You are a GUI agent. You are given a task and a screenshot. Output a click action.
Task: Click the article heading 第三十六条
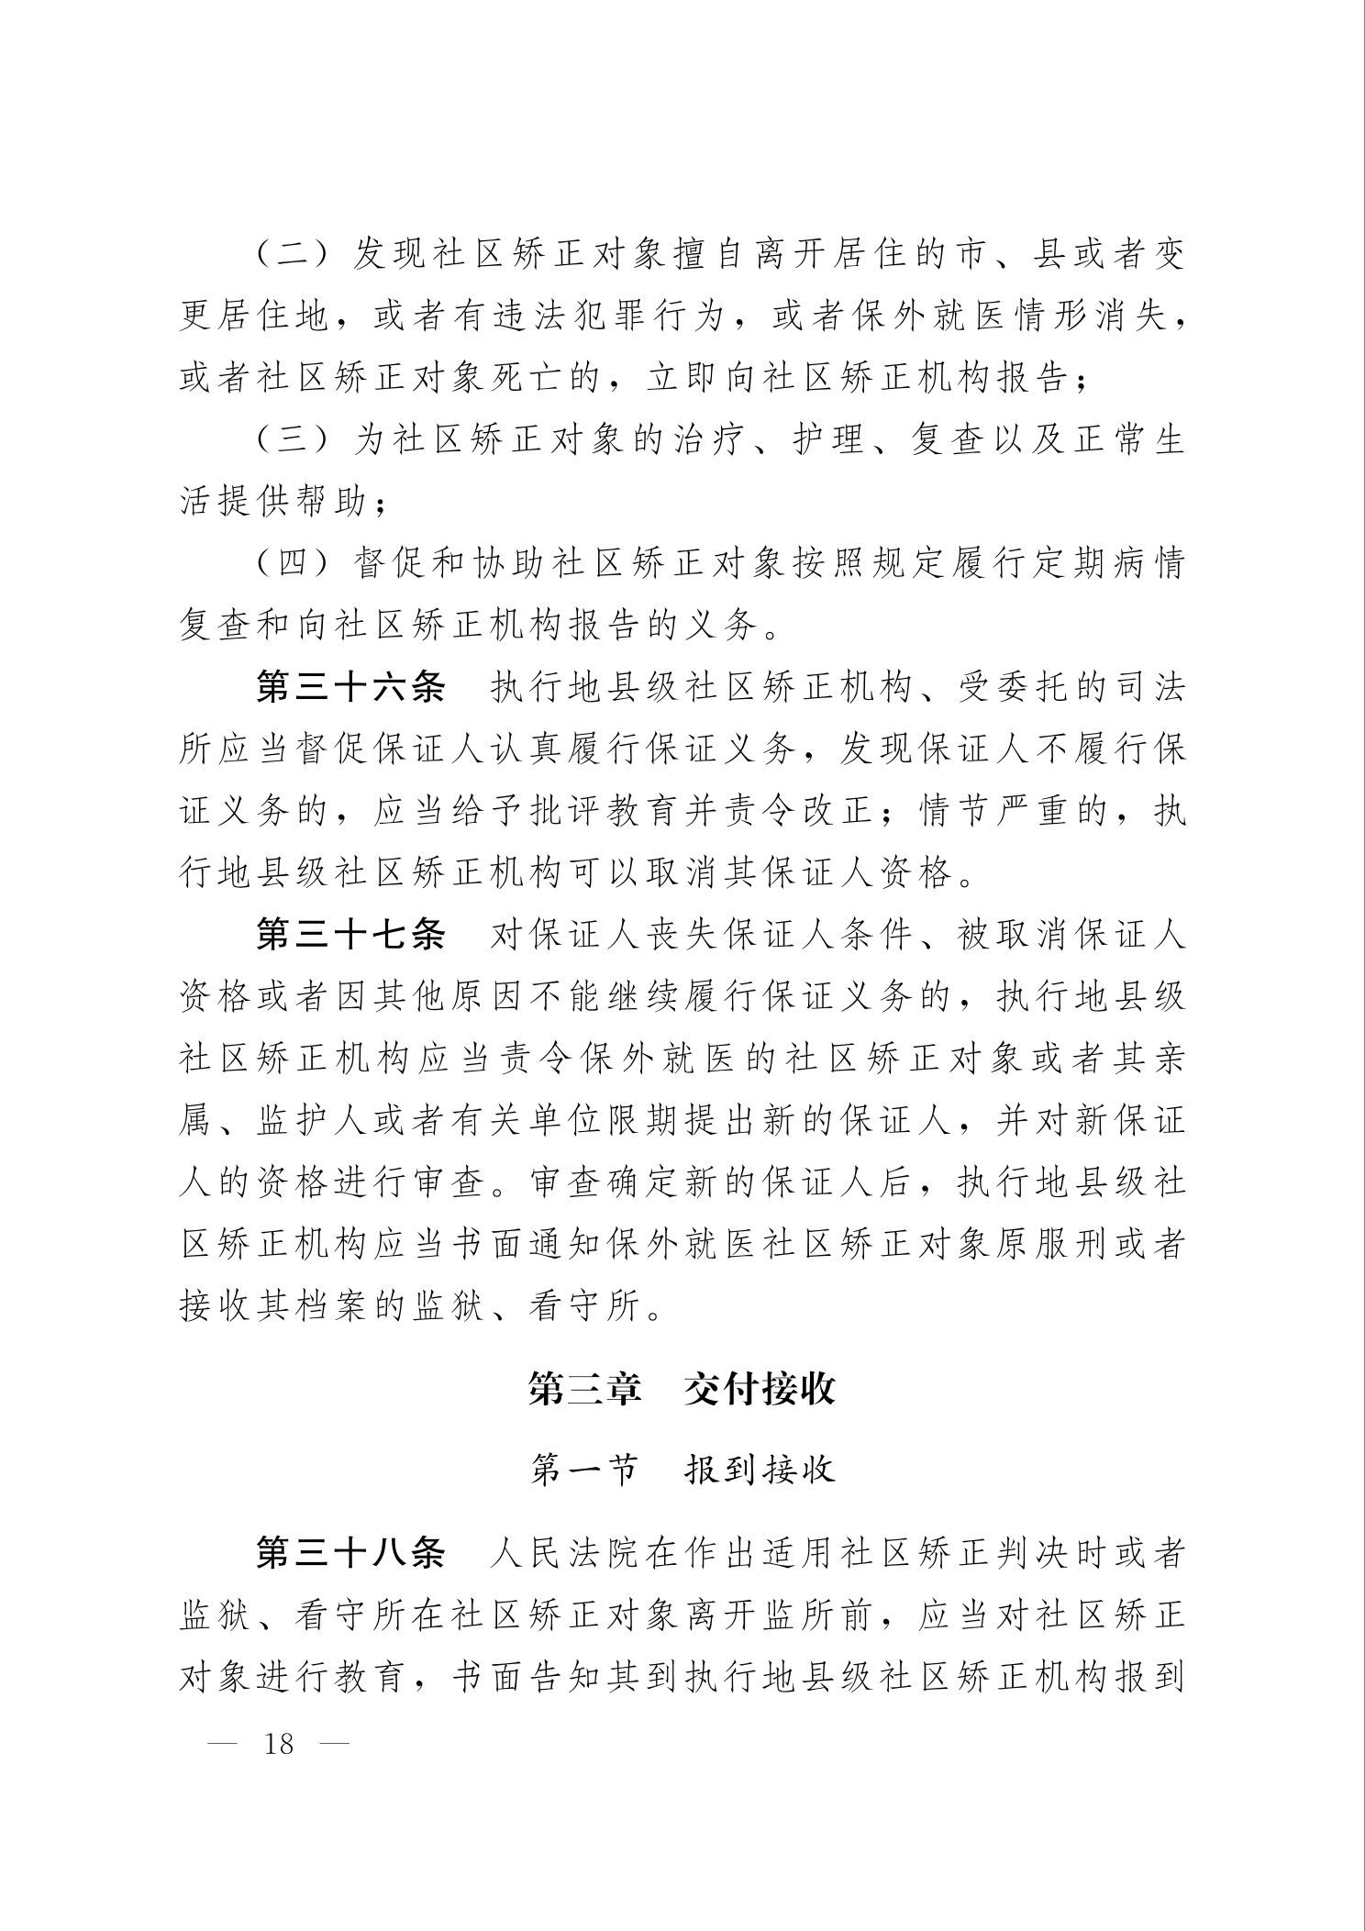[x=350, y=688]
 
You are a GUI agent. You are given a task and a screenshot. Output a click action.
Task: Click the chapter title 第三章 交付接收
[x=682, y=1389]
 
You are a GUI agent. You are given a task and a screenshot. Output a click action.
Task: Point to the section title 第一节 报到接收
[x=682, y=1470]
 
